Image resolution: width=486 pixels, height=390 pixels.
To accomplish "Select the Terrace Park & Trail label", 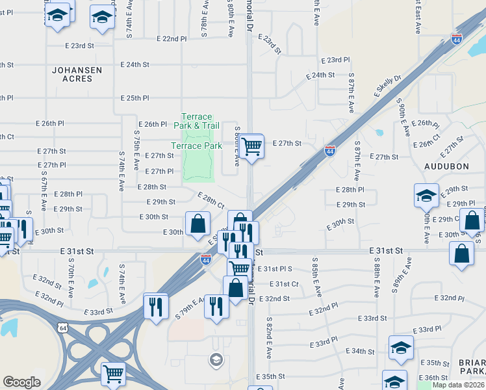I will [x=197, y=120].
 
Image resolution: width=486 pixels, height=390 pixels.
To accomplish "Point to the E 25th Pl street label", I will [x=135, y=98].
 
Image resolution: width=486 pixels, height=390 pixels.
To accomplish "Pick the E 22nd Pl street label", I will [x=172, y=39].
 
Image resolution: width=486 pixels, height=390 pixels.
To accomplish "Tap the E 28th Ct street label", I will [x=211, y=201].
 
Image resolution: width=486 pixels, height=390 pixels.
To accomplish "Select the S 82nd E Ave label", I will [x=268, y=338].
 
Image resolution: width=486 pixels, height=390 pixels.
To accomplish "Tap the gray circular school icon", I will [x=216, y=359].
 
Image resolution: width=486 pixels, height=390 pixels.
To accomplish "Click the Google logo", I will [x=21, y=382].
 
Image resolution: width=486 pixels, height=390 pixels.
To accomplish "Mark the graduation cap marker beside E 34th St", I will [x=401, y=348].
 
